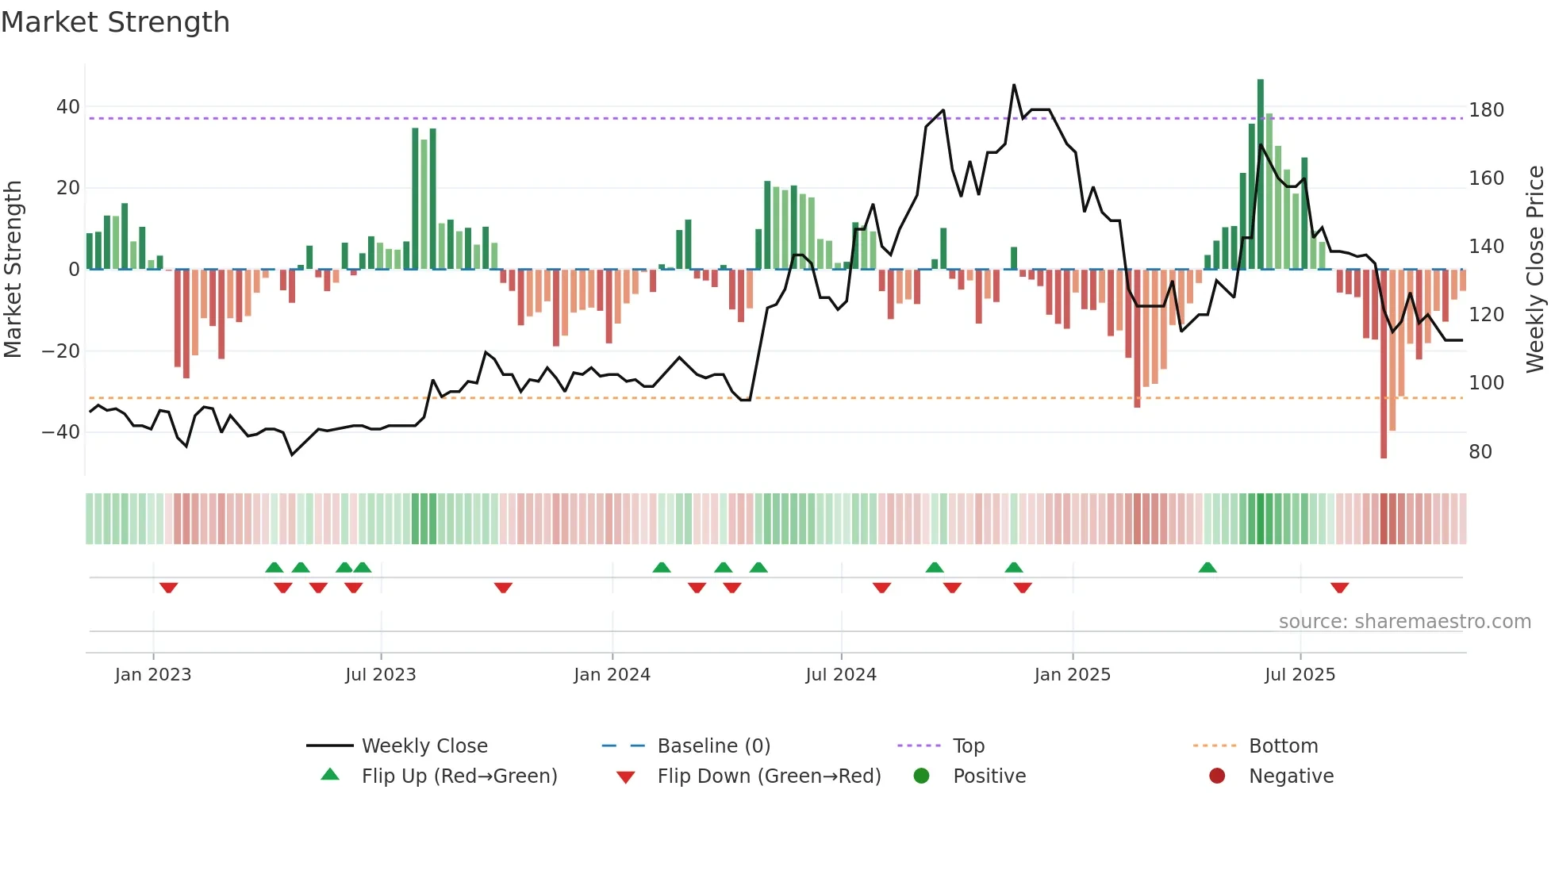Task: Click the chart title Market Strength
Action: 115,22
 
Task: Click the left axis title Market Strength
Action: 13,269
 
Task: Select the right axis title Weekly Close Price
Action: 1535,269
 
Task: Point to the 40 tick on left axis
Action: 68,107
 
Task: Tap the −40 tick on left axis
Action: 61,432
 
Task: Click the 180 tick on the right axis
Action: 1486,110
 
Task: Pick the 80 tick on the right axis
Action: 1480,452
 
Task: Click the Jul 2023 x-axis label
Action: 380,675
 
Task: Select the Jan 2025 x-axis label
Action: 1072,675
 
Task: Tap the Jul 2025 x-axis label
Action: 1300,675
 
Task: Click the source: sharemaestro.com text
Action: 1404,622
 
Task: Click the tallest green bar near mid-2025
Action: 1261,174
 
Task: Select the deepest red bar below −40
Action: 1384,365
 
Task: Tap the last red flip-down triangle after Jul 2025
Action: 1340,588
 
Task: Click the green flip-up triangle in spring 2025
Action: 1208,567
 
